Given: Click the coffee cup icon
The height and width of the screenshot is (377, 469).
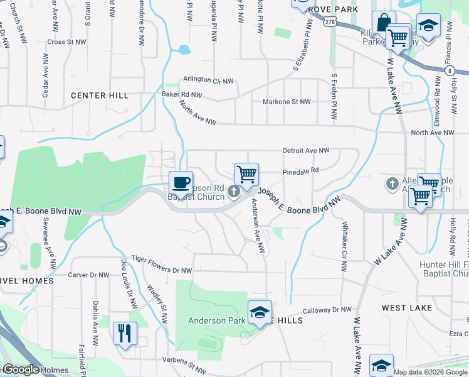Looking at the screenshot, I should point(181,182).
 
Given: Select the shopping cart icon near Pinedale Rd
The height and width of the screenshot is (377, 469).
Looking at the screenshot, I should point(246,174).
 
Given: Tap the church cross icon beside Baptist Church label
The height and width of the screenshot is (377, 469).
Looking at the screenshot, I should point(234,191).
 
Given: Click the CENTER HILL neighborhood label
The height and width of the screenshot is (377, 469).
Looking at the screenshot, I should point(100,96).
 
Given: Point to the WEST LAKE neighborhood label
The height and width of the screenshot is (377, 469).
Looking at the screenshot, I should point(407,308).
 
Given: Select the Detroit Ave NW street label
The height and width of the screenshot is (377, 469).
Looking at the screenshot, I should point(306,151).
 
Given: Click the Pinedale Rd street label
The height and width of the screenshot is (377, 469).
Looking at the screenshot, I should point(301,170).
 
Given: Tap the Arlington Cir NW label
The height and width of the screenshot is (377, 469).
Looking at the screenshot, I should point(208,80).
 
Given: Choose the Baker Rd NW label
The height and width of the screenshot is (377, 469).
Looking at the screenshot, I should point(182,95).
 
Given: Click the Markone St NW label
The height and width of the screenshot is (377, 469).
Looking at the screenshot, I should point(287,102).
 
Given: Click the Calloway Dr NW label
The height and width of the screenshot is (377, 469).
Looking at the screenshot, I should point(327,310).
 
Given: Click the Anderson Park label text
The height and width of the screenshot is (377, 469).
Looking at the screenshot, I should point(217,320).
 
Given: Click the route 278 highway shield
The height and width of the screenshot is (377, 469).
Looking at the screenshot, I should point(330,22).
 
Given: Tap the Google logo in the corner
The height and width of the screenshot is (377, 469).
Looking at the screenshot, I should point(20,370).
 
